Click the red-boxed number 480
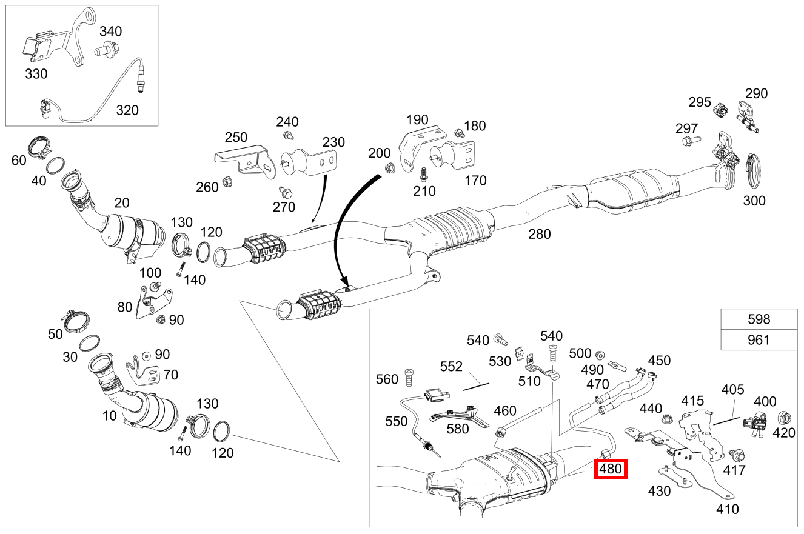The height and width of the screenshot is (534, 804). tap(611, 469)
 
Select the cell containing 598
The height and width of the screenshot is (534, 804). tap(759, 319)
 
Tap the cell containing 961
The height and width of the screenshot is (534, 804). tap(759, 340)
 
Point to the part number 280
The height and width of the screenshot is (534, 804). tap(539, 233)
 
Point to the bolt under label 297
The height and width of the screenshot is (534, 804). tap(690, 141)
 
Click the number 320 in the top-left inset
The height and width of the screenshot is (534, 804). tap(127, 110)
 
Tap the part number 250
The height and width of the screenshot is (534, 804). tap(236, 137)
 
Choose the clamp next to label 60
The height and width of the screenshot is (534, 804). tap(41, 148)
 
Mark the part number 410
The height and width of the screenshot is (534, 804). tap(727, 509)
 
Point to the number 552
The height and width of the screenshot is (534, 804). tap(451, 366)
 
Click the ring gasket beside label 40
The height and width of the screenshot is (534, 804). tap(56, 164)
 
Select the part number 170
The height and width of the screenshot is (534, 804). tap(475, 180)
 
